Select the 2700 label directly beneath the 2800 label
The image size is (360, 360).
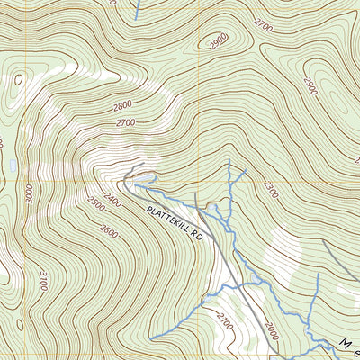tap(125, 122)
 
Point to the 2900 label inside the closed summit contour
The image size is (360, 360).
tap(217, 42)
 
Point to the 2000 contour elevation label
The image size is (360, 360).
tap(272, 331)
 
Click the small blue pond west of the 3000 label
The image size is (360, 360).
tap(13, 167)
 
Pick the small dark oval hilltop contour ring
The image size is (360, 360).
tap(16, 80)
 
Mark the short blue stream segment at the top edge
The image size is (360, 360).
tap(138, 9)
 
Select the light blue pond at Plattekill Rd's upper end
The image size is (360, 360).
tap(142, 185)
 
